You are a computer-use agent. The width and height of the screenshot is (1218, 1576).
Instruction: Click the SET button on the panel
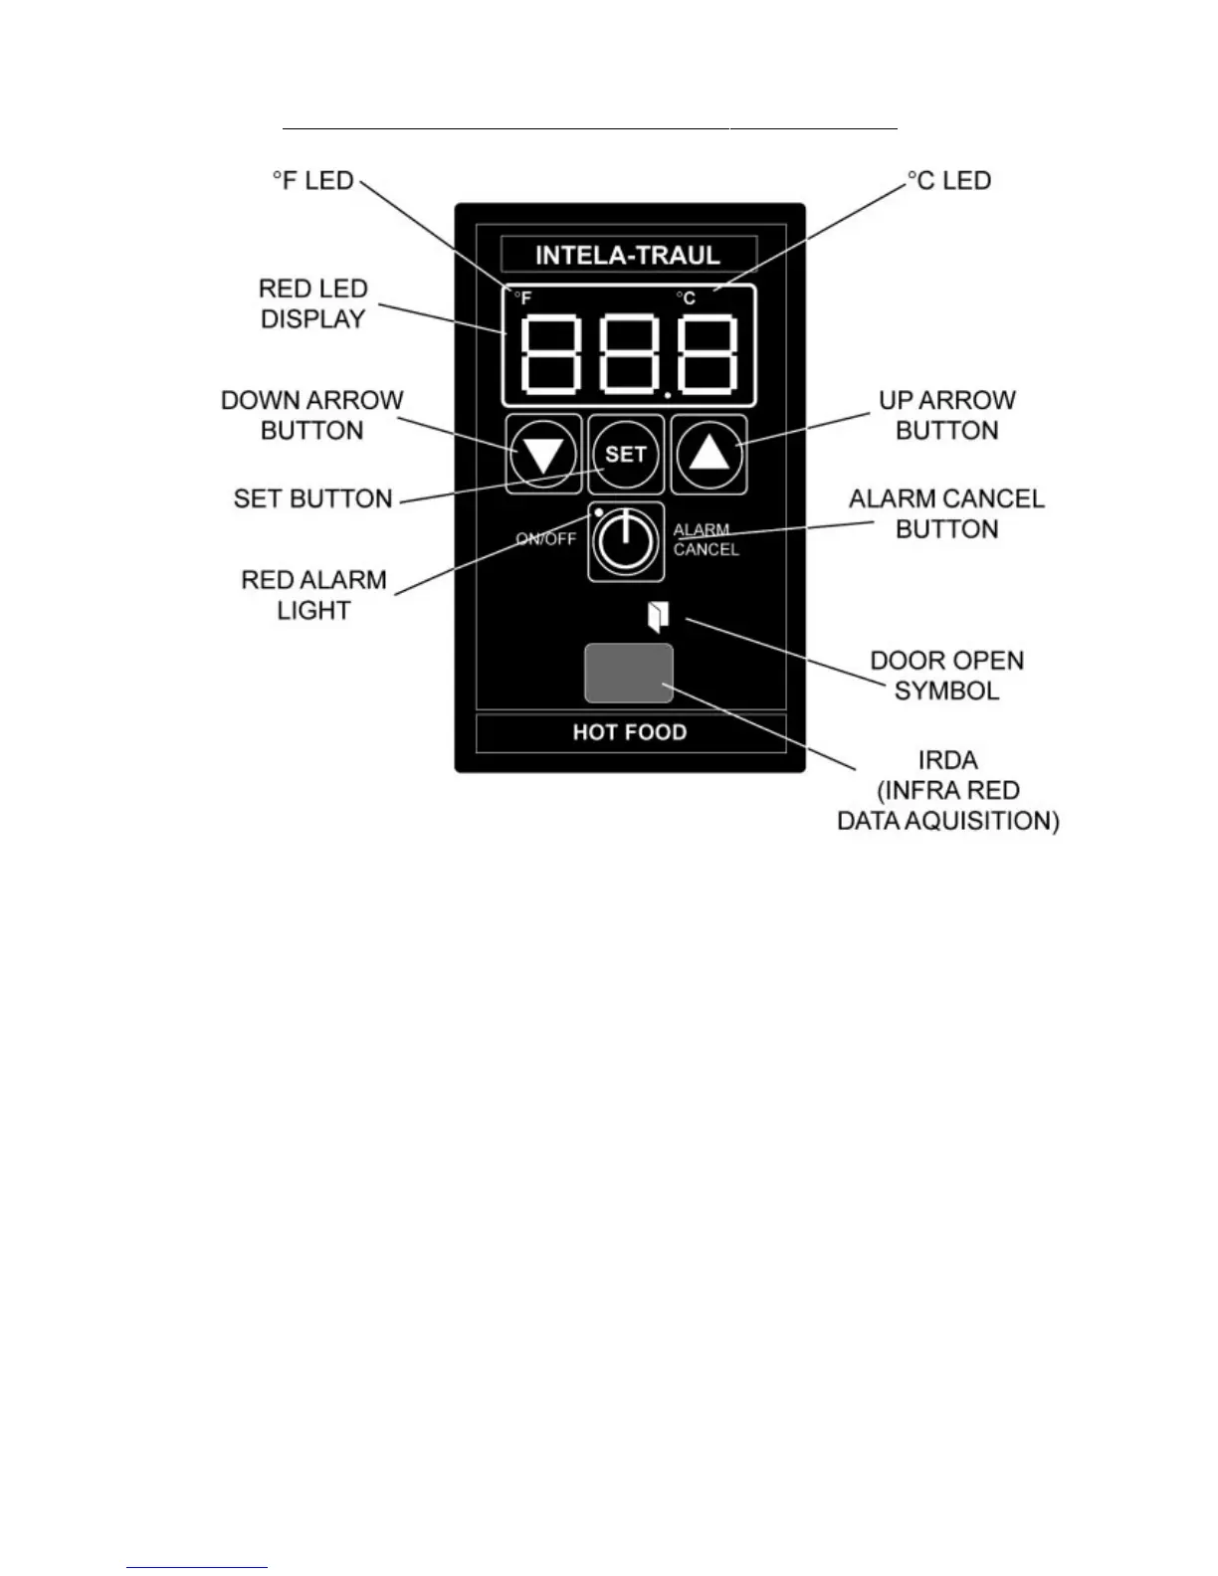click(x=626, y=455)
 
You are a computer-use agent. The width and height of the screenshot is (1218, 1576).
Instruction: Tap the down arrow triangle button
click(x=543, y=456)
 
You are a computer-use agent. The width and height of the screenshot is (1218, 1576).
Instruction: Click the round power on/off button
click(x=625, y=541)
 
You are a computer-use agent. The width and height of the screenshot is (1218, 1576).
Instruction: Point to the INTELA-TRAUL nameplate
click(x=628, y=255)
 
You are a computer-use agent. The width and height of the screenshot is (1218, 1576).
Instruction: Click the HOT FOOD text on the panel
click(x=630, y=732)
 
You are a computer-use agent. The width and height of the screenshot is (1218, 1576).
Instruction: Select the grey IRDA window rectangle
click(x=628, y=673)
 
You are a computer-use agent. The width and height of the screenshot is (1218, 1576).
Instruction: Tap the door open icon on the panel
click(x=658, y=617)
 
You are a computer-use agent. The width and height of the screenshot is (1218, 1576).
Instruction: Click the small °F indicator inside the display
click(x=522, y=297)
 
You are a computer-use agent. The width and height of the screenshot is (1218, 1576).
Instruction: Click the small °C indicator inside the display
click(x=686, y=298)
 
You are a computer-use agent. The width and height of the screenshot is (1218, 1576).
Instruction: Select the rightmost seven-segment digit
click(x=708, y=354)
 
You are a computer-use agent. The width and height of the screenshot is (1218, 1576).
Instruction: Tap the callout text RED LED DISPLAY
click(x=312, y=303)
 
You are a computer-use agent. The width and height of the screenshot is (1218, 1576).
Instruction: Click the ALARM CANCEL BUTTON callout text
click(x=946, y=513)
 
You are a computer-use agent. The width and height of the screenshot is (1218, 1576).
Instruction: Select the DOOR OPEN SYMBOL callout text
click(x=946, y=676)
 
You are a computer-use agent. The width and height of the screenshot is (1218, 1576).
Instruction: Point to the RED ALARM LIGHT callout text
click(x=313, y=595)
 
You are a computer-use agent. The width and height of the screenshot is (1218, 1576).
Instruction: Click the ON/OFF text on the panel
click(x=545, y=539)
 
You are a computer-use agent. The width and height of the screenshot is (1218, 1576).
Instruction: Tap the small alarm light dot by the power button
click(x=599, y=512)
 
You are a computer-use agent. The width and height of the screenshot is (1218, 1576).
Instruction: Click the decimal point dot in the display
click(x=669, y=395)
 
